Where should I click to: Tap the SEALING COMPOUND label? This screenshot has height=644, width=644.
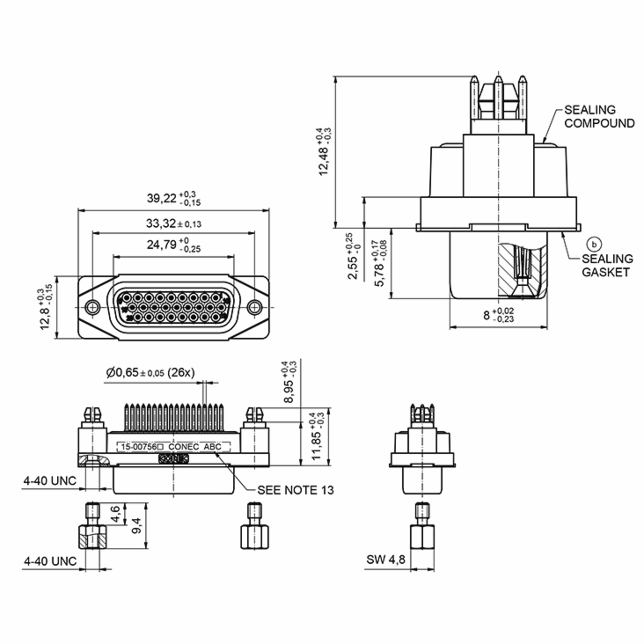[599, 117]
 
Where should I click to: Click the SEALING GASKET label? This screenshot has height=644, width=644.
[607, 265]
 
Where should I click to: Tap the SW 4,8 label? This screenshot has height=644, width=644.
[386, 559]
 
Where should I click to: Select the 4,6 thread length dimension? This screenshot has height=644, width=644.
[115, 514]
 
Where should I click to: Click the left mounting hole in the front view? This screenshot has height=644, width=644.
[92, 307]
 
